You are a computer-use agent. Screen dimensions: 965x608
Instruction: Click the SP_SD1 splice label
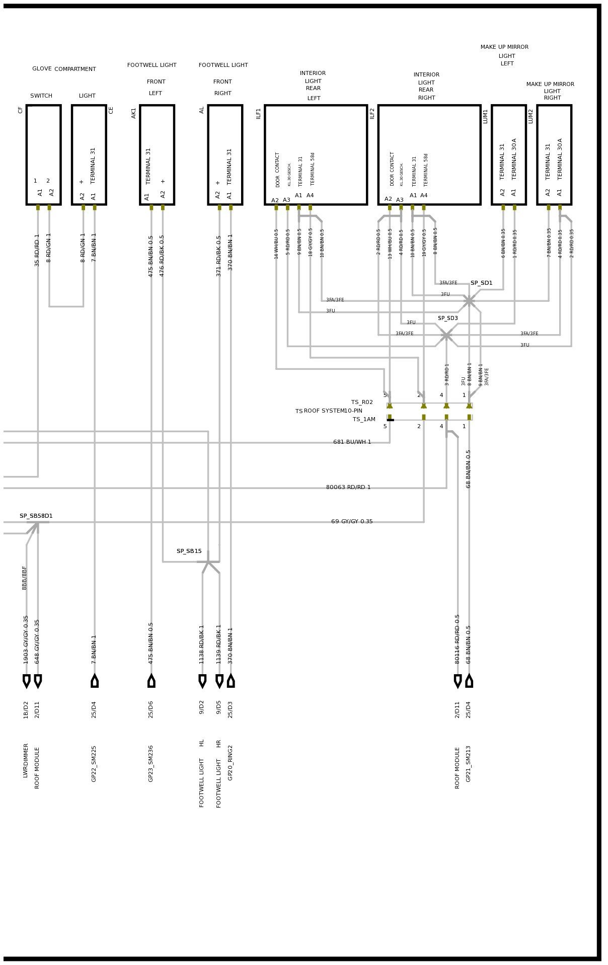[481, 283]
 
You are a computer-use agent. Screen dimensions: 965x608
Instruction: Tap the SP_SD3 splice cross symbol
[446, 335]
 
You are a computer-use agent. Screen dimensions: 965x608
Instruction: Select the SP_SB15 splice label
[189, 551]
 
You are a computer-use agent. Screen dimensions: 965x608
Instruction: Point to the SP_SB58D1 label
[36, 516]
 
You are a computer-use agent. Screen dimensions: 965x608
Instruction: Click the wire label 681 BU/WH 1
[352, 442]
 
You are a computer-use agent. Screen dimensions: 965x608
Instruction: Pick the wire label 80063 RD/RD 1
[348, 487]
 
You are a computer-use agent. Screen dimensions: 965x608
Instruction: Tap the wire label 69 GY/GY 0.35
[352, 521]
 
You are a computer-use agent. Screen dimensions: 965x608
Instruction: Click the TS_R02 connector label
[362, 402]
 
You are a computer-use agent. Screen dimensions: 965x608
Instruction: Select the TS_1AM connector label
[363, 419]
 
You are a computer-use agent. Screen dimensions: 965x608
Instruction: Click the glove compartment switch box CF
[44, 154]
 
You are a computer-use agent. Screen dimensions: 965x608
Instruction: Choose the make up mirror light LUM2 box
[554, 154]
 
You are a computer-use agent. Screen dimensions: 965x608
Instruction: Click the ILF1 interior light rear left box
[316, 154]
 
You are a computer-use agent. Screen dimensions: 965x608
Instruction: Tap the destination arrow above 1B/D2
[27, 681]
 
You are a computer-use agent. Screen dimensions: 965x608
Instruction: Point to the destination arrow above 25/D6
[151, 681]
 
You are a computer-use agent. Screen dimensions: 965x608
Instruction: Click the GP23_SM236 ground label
[151, 763]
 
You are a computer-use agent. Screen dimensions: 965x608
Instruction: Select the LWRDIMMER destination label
[26, 760]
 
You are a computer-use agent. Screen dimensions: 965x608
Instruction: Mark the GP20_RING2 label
[231, 762]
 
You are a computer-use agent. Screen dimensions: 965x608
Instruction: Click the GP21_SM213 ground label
[469, 763]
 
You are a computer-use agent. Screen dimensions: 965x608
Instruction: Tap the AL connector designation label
[202, 110]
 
